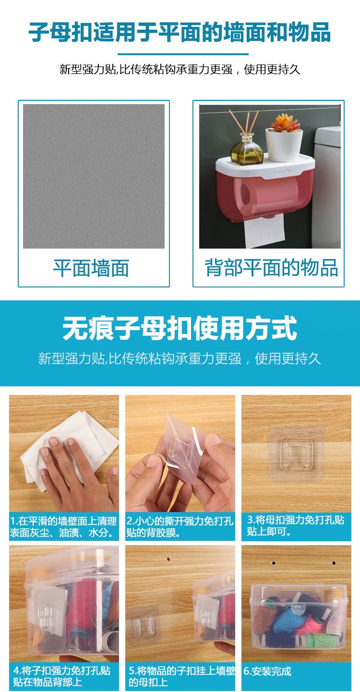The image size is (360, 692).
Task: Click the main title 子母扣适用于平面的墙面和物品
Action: pyautogui.click(x=180, y=32)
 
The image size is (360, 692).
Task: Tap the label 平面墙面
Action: pyautogui.click(x=91, y=268)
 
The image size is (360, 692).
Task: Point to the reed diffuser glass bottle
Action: pyautogui.click(x=247, y=149)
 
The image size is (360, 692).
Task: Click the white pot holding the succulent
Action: pyautogui.click(x=284, y=145)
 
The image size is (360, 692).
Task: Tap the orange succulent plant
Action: pyautogui.click(x=285, y=123)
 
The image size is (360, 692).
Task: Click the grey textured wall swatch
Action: pyautogui.click(x=94, y=176)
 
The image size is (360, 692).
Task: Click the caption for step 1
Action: pyautogui.click(x=63, y=527)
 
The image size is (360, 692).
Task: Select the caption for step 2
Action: pyautogui.click(x=180, y=527)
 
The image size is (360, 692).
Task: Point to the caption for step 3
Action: pyautogui.click(x=295, y=525)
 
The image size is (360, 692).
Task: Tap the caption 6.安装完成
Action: pyautogui.click(x=267, y=671)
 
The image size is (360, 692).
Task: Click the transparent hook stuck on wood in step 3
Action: pyautogui.click(x=296, y=454)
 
